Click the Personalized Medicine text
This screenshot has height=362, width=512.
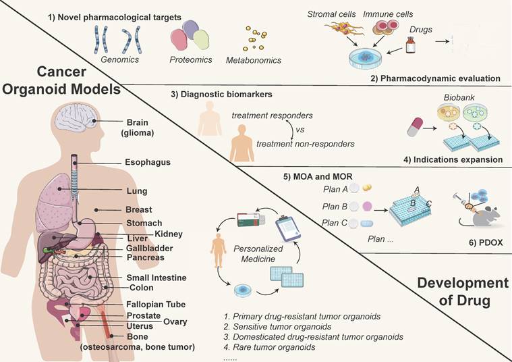(254, 253)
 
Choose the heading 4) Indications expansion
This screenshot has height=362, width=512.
(451, 160)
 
